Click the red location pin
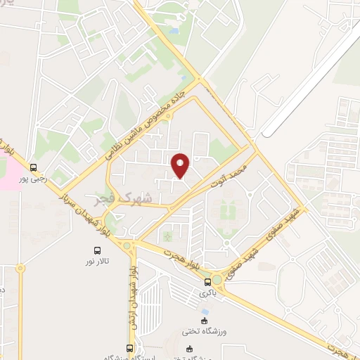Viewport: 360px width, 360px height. click(x=181, y=165)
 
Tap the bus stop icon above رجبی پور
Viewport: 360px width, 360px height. click(x=34, y=167)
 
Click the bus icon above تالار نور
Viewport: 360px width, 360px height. click(x=98, y=250)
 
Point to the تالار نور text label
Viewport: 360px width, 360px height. click(x=99, y=262)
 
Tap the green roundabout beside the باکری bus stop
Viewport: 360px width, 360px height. click(x=219, y=280)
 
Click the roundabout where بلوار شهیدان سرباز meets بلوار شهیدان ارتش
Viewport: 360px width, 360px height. click(x=127, y=245)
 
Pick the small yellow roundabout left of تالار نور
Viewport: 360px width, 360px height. click(x=20, y=268)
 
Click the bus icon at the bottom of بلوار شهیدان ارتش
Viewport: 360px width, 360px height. click(x=129, y=348)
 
